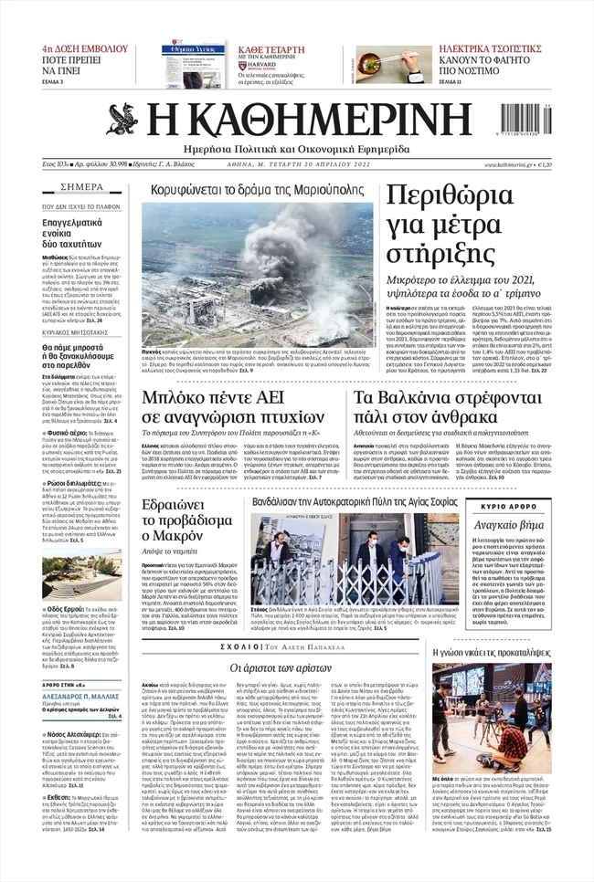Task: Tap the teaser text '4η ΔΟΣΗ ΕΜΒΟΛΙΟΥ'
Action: coord(83,47)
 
